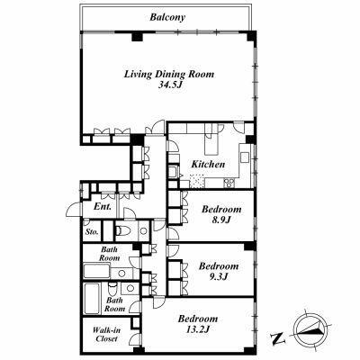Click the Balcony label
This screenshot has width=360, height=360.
167,17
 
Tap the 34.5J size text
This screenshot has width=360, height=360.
170,85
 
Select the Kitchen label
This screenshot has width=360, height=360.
208,164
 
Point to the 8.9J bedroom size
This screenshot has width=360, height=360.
221,220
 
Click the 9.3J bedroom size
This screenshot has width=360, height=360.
220,276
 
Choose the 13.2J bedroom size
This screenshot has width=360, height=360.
197,329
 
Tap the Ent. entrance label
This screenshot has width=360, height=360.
103,206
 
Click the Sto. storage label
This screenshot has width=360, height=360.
92,231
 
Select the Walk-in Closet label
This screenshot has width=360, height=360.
106,335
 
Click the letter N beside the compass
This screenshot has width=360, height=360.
278,338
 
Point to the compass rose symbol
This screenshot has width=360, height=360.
310,330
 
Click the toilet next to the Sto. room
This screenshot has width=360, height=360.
122,230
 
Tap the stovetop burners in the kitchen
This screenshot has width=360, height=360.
229,183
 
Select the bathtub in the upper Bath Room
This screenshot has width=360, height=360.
96,271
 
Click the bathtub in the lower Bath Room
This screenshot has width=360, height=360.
92,298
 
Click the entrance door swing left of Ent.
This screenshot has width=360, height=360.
73,210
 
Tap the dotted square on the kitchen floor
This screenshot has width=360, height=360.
196,181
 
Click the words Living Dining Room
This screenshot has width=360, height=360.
169,74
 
